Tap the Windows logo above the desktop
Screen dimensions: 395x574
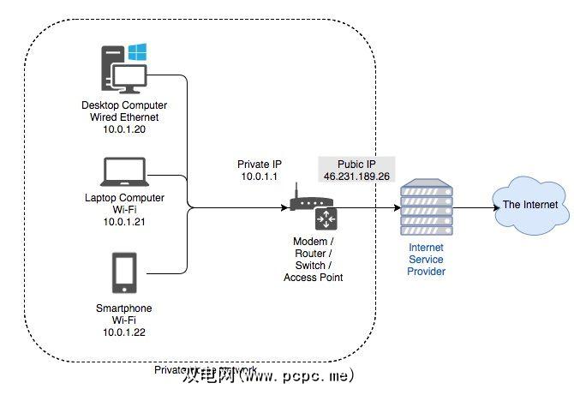click(x=136, y=51)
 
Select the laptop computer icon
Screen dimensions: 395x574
click(x=125, y=172)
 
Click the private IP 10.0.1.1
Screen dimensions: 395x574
click(x=259, y=177)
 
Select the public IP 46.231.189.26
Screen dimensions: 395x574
click(x=357, y=176)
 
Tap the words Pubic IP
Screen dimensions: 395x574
click(x=357, y=163)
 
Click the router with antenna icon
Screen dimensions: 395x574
click(x=304, y=202)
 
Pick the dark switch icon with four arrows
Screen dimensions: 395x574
click(x=326, y=218)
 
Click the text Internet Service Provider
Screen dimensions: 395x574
click(x=427, y=260)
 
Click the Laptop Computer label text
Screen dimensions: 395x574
click(x=126, y=198)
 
